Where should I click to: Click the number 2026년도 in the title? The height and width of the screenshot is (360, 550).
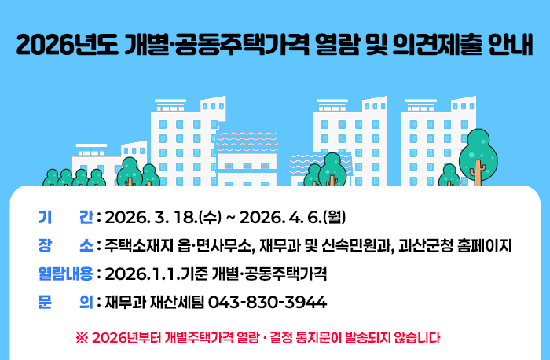coord(66,44)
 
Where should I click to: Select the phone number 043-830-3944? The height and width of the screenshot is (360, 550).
coord(267,303)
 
